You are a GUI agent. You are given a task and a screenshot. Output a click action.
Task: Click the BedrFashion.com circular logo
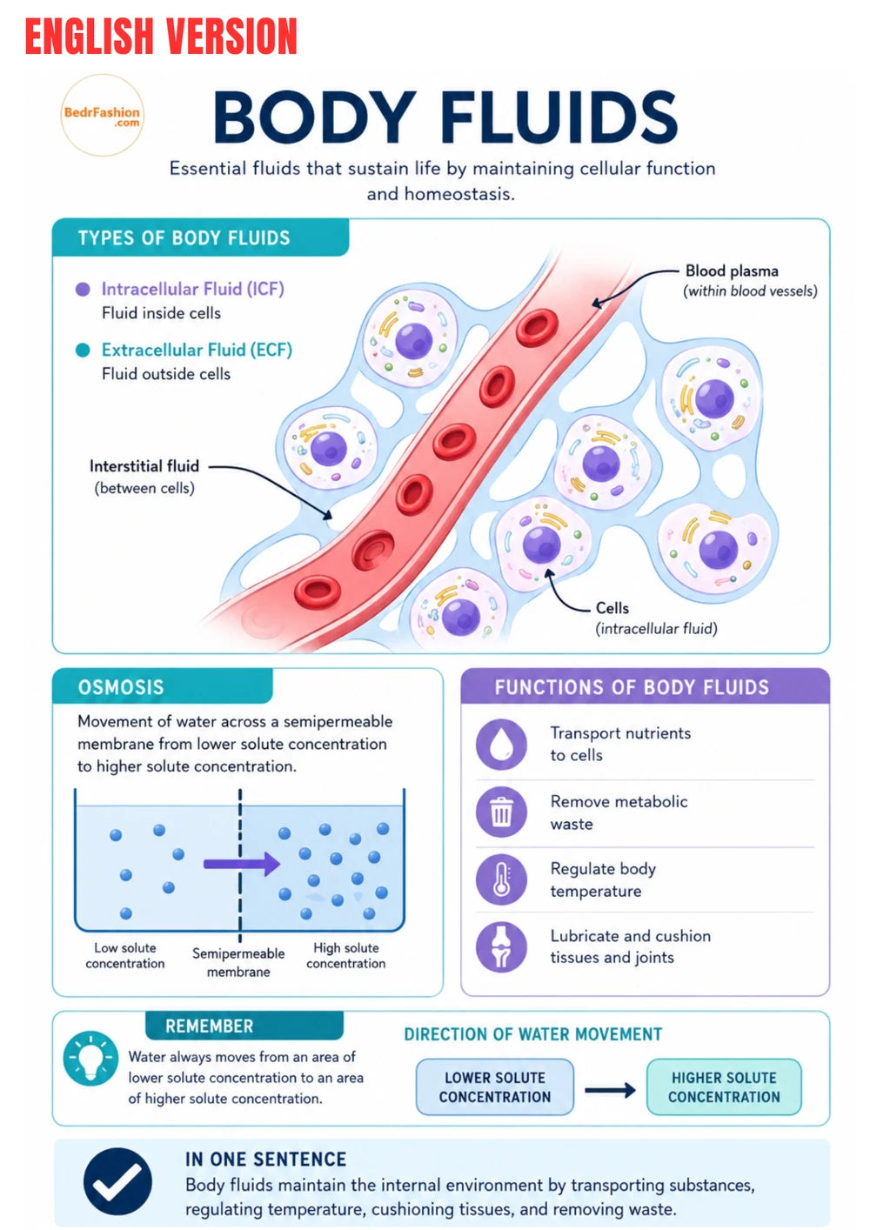(102, 116)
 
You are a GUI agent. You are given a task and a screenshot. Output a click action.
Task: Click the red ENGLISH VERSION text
(161, 37)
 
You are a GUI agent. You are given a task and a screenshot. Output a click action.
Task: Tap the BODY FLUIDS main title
(445, 117)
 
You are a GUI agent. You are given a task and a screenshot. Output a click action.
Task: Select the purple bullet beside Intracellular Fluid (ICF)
(83, 289)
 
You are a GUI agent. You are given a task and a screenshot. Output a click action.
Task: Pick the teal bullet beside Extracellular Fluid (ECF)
(83, 350)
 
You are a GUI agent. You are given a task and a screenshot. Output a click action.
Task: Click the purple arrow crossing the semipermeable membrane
(242, 864)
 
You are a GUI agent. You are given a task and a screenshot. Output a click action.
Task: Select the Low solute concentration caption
(124, 956)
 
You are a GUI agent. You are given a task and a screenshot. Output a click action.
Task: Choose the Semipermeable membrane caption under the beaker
(238, 963)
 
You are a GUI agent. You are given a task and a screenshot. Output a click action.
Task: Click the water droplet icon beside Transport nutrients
(501, 745)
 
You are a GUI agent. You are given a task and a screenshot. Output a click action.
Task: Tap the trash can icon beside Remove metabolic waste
(501, 812)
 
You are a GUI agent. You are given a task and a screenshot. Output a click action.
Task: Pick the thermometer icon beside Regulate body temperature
(501, 879)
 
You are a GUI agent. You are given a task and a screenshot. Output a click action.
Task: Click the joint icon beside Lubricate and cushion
(501, 946)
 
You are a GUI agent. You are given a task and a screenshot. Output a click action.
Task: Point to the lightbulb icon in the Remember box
(90, 1058)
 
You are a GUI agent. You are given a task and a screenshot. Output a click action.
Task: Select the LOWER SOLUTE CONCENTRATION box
(495, 1087)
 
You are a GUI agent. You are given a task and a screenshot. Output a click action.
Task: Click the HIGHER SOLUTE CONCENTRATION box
(724, 1087)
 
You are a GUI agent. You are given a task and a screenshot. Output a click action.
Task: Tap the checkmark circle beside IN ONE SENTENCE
(117, 1181)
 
